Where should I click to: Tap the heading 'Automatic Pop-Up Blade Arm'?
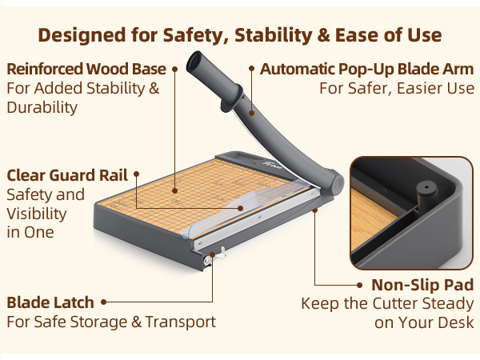tap(367, 69)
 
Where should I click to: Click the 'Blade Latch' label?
tap(50, 303)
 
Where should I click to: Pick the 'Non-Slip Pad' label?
tap(422, 285)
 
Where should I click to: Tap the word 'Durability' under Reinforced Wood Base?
tap(42, 107)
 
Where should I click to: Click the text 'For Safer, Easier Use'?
tap(397, 88)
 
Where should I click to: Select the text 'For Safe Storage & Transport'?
tap(111, 322)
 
